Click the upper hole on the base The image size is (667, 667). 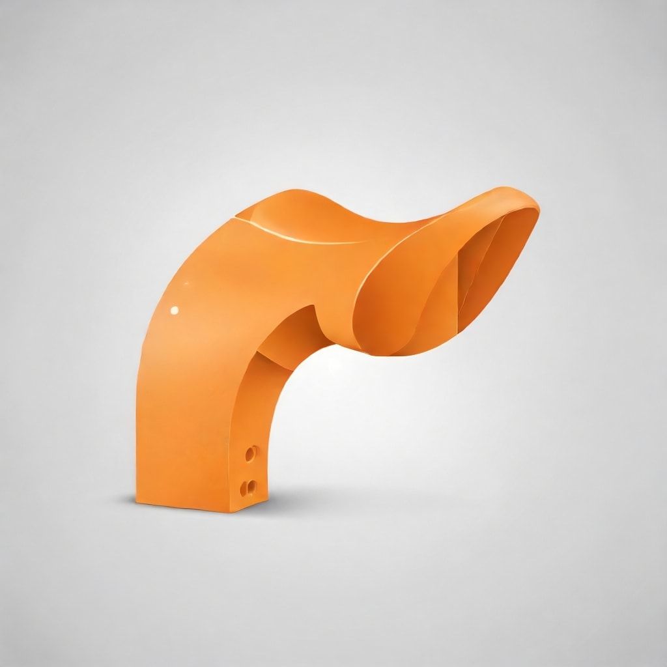tap(250, 453)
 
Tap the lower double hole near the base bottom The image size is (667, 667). tap(248, 487)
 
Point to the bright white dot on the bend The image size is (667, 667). tap(174, 310)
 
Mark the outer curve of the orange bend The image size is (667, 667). tap(163, 293)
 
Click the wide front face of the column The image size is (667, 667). tap(182, 423)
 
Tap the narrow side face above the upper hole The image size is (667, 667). tap(251, 404)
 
